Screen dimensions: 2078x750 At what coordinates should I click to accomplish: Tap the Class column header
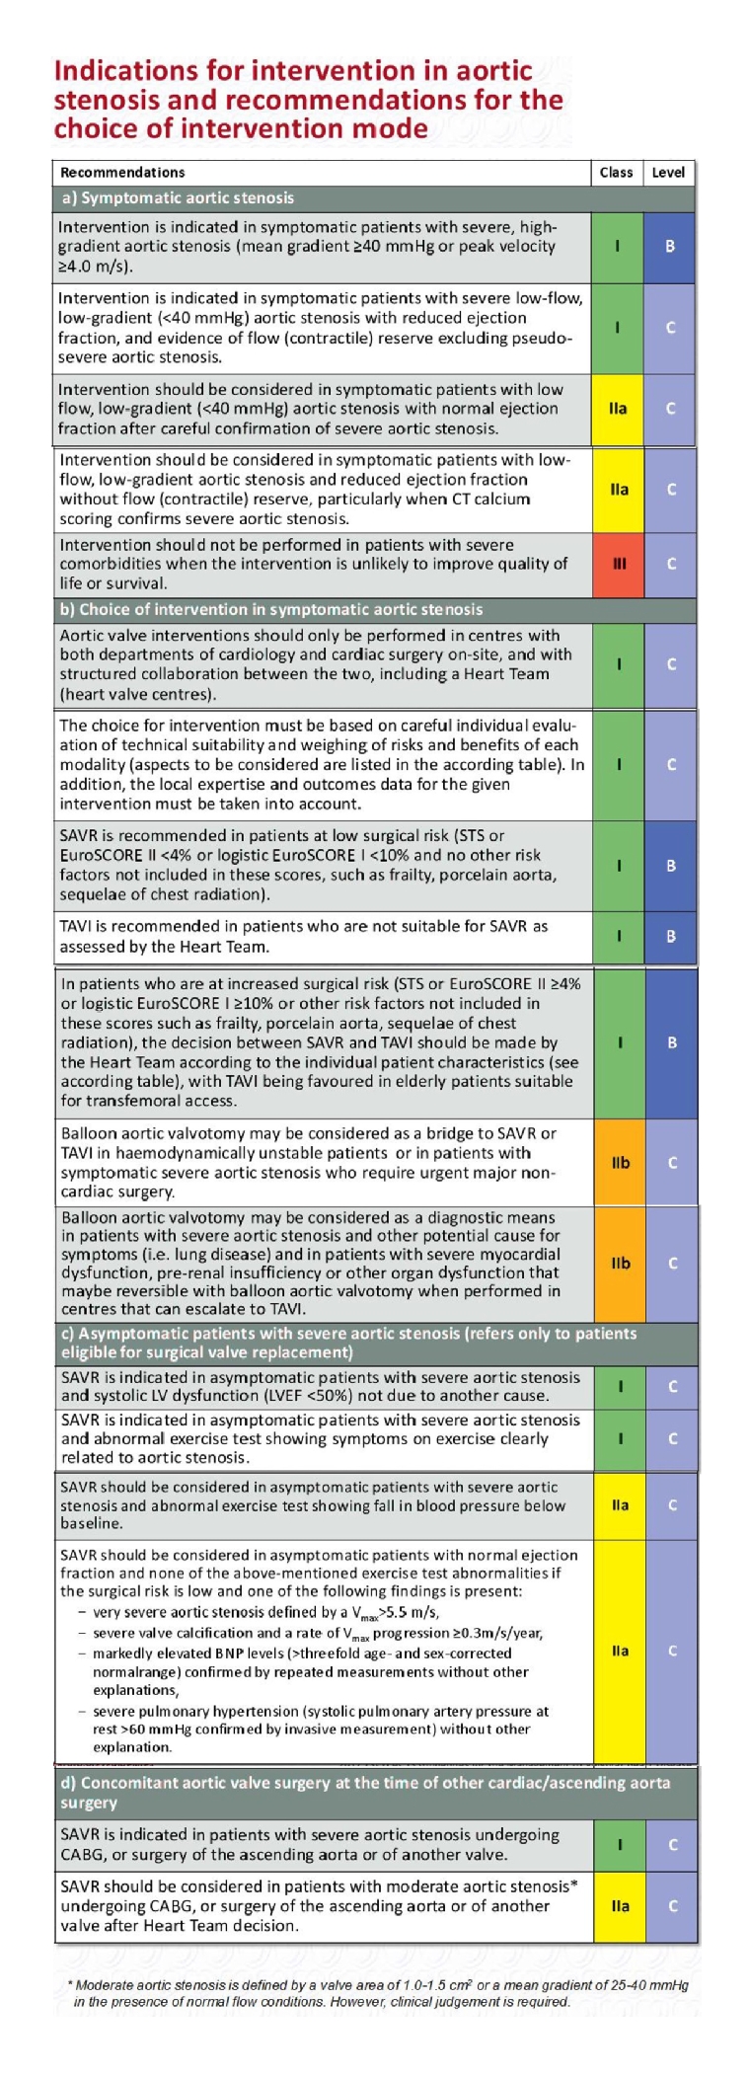click(616, 172)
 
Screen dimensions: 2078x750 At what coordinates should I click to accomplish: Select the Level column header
click(668, 172)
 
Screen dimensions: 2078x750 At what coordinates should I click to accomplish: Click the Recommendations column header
click(122, 172)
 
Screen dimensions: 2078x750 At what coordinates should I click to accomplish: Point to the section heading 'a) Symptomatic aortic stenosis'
click(178, 197)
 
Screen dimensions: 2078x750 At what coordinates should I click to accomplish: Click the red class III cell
click(619, 564)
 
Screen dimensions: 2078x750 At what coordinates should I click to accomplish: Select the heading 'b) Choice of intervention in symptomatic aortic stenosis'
click(271, 609)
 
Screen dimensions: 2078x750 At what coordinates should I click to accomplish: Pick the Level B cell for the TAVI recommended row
click(671, 936)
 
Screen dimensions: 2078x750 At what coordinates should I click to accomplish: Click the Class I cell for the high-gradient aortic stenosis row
click(617, 246)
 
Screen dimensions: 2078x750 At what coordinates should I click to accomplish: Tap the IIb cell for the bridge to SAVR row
click(620, 1162)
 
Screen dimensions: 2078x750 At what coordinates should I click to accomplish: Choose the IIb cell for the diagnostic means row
click(620, 1263)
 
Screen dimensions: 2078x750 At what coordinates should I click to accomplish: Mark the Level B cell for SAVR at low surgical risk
click(671, 865)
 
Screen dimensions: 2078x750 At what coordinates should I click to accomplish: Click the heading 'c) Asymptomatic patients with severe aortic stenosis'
click(345, 1343)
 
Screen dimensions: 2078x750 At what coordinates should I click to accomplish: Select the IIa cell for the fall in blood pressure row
click(620, 1504)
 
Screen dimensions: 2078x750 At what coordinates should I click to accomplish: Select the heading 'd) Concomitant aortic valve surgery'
click(365, 1792)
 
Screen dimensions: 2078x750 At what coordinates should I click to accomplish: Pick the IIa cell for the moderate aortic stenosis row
click(620, 1905)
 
